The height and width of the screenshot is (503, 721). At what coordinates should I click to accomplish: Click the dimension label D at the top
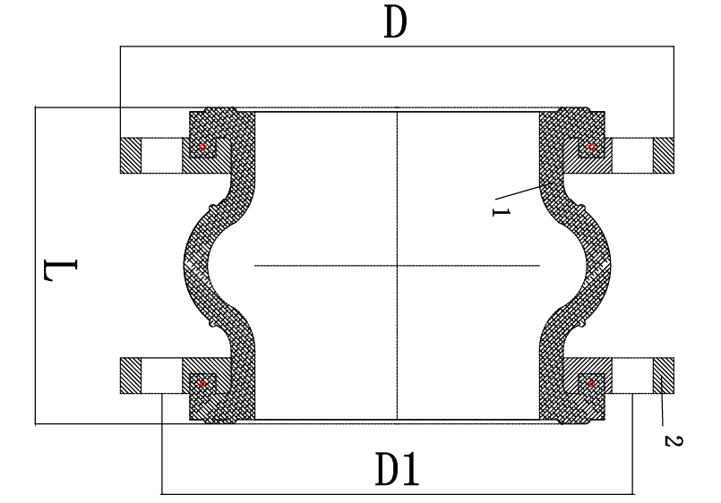396,23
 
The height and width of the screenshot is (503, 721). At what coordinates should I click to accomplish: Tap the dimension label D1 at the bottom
398,469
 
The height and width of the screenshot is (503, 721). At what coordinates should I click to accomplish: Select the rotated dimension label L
60,270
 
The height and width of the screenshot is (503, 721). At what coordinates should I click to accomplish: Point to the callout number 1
502,212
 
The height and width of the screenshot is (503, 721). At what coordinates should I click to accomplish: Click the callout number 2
674,441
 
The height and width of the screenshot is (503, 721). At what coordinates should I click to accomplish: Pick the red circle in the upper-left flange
202,148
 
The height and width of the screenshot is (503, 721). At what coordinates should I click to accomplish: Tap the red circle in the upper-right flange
592,148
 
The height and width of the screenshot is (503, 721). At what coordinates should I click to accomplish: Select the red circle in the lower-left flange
202,384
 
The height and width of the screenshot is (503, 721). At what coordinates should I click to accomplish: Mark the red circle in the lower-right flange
592,384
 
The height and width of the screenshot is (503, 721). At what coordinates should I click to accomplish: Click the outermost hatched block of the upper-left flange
131,155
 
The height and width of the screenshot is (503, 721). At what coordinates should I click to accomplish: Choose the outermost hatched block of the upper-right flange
664,155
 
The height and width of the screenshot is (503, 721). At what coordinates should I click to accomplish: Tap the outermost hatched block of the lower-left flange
131,375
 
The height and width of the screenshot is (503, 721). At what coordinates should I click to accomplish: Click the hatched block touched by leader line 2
664,375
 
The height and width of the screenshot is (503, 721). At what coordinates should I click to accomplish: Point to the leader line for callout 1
526,191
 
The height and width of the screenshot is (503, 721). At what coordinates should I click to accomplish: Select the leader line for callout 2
661,401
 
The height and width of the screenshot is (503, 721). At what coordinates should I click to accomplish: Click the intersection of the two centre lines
398,266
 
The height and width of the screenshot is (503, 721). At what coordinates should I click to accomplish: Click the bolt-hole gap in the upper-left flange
162,155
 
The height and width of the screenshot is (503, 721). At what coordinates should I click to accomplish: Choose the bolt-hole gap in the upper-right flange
632,155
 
